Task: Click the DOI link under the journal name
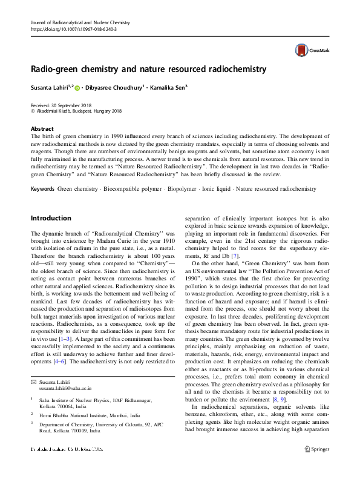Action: [x=73, y=28]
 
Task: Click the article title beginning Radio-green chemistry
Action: [x=148, y=69]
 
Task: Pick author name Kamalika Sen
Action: [x=171, y=88]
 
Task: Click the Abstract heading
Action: [x=42, y=129]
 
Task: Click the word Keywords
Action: [x=42, y=173]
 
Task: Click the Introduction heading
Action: [x=51, y=218]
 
